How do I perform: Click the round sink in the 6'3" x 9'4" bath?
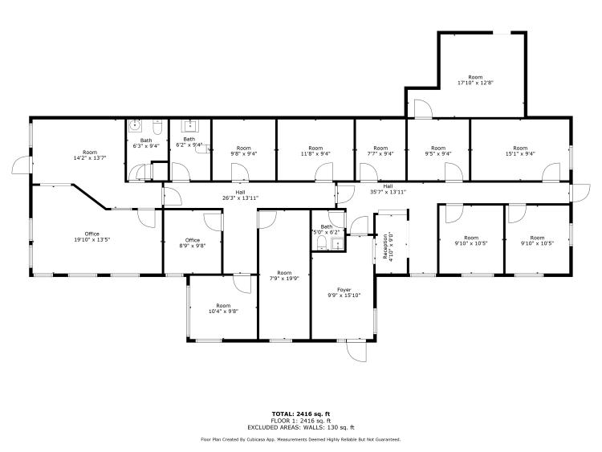pyautogui.click(x=136, y=126)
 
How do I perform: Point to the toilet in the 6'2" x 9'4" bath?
pyautogui.click(x=200, y=148)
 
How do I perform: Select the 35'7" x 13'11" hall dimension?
pyautogui.click(x=388, y=192)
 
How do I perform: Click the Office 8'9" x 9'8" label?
pyautogui.click(x=192, y=242)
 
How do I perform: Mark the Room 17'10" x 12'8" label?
pyautogui.click(x=476, y=79)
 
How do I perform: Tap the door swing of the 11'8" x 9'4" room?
pyautogui.click(x=323, y=171)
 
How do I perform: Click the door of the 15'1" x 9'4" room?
pyautogui.click(x=551, y=172)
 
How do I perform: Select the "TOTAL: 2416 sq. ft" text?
pyautogui.click(x=301, y=413)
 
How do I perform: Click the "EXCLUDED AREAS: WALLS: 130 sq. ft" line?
pyautogui.click(x=301, y=428)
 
